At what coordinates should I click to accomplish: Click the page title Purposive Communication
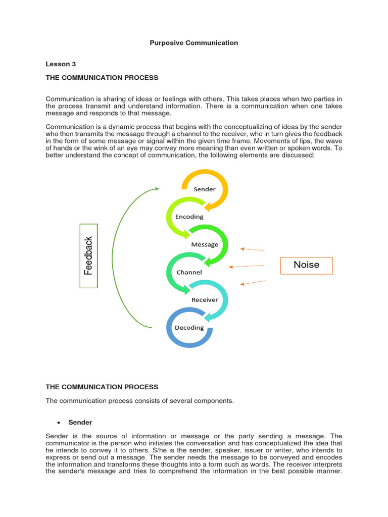pyautogui.click(x=193, y=43)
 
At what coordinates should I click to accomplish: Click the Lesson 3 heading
pyautogui.click(x=60, y=64)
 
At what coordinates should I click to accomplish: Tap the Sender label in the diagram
pyautogui.click(x=205, y=189)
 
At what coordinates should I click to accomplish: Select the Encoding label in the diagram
pyautogui.click(x=189, y=217)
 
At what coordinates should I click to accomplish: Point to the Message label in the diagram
pyautogui.click(x=205, y=244)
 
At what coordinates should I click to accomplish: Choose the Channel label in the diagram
pyautogui.click(x=189, y=272)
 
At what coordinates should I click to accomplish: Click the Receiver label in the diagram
pyautogui.click(x=205, y=299)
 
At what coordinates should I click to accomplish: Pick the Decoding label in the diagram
pyautogui.click(x=189, y=327)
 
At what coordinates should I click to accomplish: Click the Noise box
pyautogui.click(x=306, y=265)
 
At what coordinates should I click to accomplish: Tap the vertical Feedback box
pyautogui.click(x=89, y=255)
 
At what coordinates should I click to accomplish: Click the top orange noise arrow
pyautogui.click(x=252, y=249)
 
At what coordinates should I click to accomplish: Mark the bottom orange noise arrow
pyautogui.click(x=252, y=283)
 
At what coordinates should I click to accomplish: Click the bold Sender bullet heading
pyautogui.click(x=80, y=422)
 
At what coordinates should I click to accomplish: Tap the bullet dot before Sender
pyautogui.click(x=60, y=423)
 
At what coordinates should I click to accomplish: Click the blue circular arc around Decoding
pyautogui.click(x=174, y=340)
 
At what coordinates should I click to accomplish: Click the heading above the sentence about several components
pyautogui.click(x=102, y=387)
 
